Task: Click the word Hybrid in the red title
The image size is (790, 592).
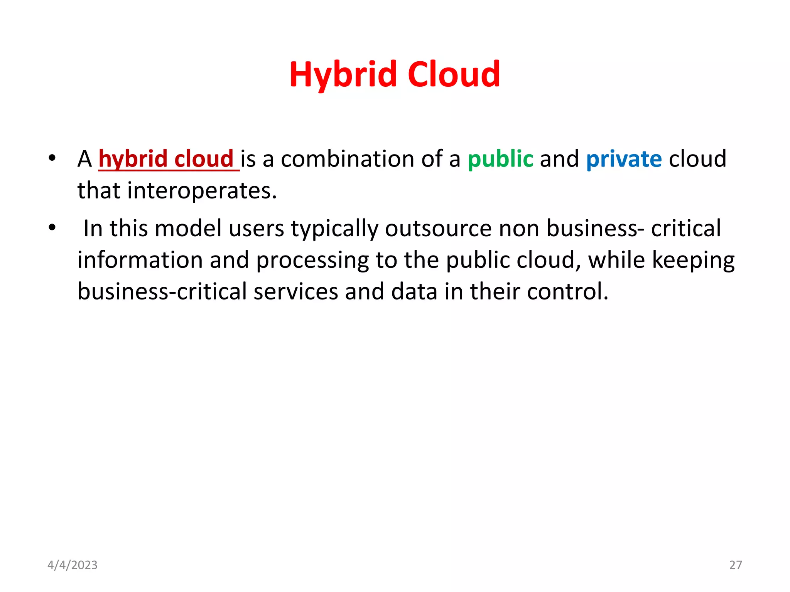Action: pos(343,74)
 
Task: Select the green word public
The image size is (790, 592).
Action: pos(500,159)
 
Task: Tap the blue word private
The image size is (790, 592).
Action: pos(624,159)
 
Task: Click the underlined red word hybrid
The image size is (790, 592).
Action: pos(133,159)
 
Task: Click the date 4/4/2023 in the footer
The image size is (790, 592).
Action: pos(73,565)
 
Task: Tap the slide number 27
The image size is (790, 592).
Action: pos(736,565)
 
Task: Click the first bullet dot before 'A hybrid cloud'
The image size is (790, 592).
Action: pos(52,158)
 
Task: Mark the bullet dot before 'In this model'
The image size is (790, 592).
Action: pos(52,227)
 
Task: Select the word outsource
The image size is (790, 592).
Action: pos(438,228)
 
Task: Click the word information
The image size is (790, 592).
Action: pos(140,260)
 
